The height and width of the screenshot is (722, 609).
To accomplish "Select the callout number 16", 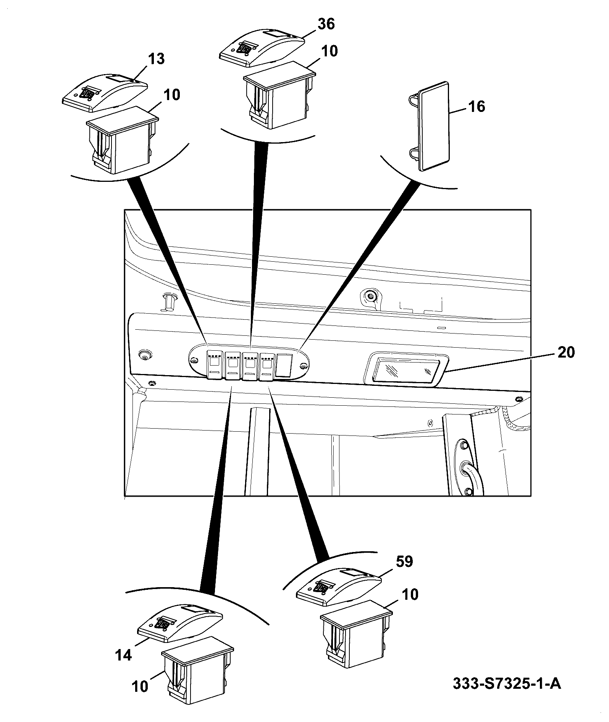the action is (x=476, y=106).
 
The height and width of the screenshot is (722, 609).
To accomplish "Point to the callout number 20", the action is (x=566, y=352).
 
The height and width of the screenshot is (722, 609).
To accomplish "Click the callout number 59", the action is (x=404, y=561).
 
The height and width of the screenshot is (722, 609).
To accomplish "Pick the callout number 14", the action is (x=124, y=655).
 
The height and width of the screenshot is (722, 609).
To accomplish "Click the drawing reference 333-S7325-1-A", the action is (x=507, y=683).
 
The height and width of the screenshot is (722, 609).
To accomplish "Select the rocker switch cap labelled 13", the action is (x=105, y=93).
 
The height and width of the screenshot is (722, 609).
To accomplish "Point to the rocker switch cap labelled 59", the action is (x=339, y=586).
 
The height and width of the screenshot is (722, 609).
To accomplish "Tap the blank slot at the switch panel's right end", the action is (x=283, y=366).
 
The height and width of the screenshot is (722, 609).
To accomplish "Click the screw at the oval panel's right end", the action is (x=304, y=367).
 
